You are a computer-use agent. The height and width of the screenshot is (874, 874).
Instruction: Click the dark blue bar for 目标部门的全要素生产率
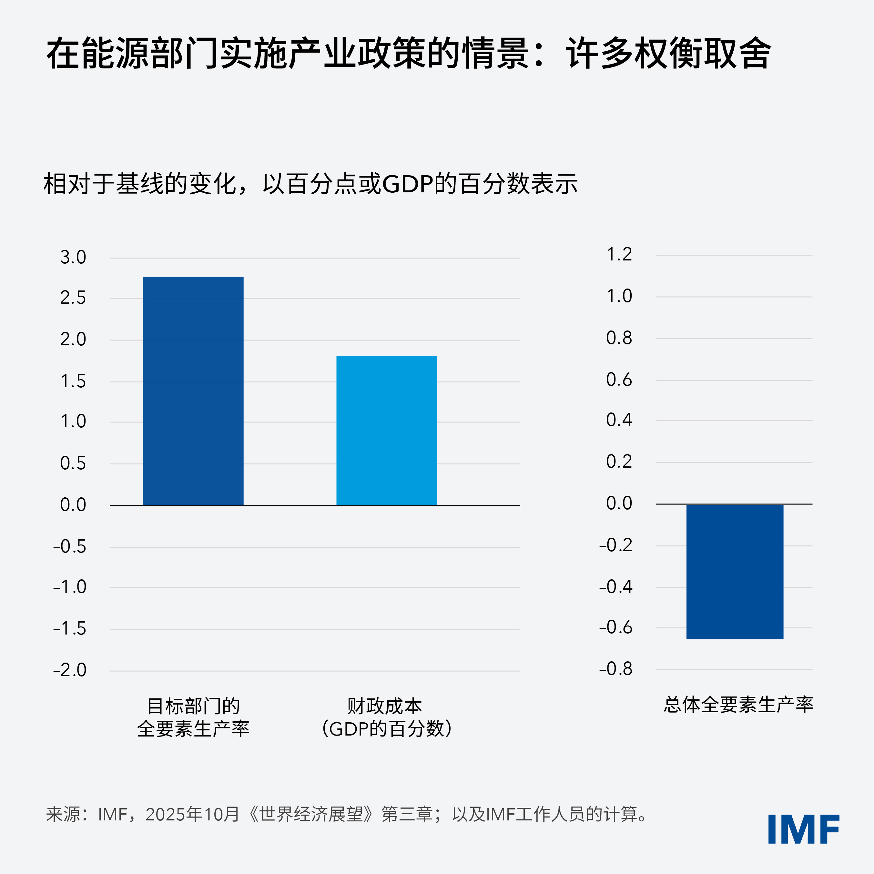193,391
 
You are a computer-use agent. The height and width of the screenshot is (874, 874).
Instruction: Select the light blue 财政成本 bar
386,430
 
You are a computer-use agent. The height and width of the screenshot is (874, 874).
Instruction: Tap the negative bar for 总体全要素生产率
735,571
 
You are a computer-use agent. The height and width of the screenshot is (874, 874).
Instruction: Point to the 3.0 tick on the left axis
73,258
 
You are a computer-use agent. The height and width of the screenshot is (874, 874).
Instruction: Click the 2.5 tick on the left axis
73,298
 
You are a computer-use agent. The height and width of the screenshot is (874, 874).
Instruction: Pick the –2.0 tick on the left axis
70,670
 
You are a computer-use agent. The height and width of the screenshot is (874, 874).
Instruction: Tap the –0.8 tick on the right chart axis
616,669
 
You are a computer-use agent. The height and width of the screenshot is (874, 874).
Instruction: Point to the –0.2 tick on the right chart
616,545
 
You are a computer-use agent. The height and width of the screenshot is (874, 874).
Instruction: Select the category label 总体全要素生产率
738,704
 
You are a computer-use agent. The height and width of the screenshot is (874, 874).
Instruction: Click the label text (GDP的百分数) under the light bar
386,728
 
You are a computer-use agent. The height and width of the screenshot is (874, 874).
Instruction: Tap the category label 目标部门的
193,706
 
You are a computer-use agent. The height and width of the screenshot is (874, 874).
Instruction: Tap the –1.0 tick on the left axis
70,587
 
